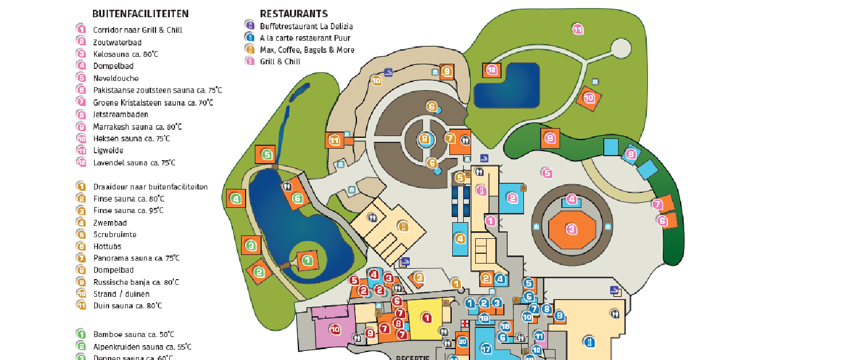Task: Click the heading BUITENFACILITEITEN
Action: point(140,14)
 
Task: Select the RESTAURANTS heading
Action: point(293,14)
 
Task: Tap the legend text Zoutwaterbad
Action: point(117,42)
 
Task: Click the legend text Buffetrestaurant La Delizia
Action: point(306,26)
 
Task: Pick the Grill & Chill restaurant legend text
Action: point(280,62)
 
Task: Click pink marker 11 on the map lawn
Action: point(577,29)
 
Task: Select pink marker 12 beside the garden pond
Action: point(491,70)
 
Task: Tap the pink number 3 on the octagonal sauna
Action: point(571,229)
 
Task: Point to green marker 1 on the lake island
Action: point(307,261)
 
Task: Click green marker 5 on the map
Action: point(266,154)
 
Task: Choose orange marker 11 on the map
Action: point(334,140)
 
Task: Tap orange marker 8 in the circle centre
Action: point(425,138)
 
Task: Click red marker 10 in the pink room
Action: point(335,329)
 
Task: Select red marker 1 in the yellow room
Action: point(426,317)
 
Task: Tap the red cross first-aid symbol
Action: point(465,324)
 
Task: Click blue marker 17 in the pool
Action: point(486,348)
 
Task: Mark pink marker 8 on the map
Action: point(631,154)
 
